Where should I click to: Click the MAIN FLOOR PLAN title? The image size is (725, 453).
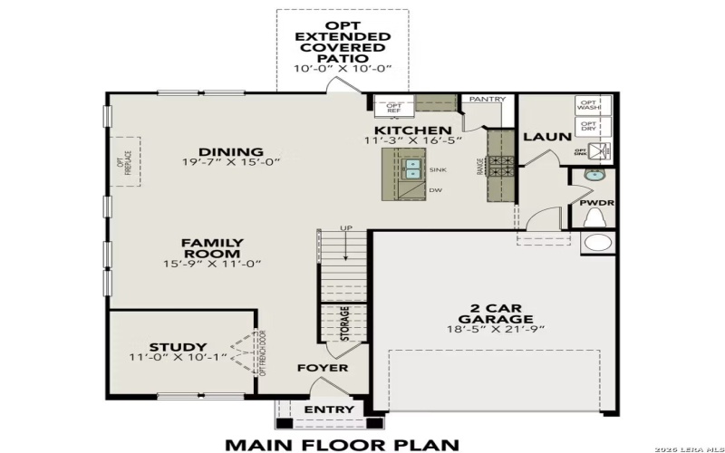click(343, 444)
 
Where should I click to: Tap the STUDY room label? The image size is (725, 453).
click(178, 347)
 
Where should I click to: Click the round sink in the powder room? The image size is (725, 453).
click(596, 176)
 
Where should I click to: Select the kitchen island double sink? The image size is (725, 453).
click(412, 169)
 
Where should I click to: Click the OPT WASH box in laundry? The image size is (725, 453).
click(588, 106)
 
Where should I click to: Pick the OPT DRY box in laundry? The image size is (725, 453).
click(588, 127)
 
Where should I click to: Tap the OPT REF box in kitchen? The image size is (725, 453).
click(394, 107)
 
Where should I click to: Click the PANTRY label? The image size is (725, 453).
click(486, 99)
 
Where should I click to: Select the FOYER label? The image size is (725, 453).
click(323, 368)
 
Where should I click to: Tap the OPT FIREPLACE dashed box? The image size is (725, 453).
click(125, 164)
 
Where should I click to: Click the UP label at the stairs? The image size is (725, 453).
click(345, 227)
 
